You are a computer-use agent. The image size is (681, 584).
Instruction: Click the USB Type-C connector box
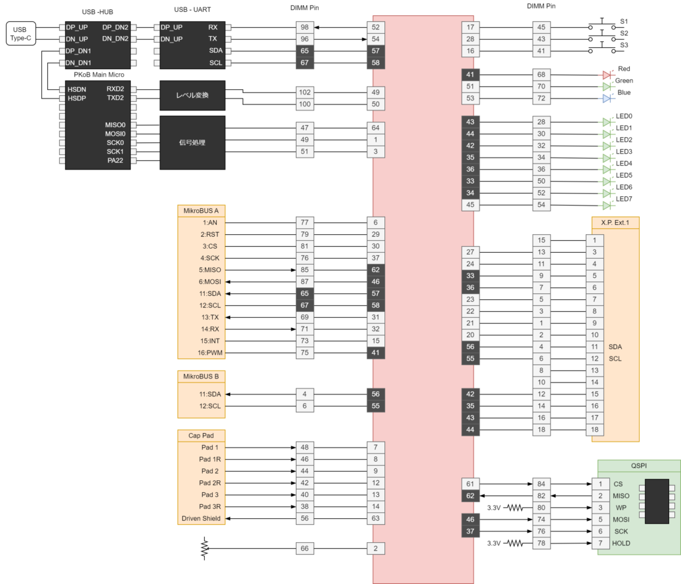(x=20, y=33)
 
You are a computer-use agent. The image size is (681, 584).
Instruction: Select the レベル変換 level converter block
(x=192, y=95)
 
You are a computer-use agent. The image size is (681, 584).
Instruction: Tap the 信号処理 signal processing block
(x=192, y=142)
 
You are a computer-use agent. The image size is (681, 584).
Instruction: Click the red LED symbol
(x=607, y=75)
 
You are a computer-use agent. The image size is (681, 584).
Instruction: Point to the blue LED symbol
(x=607, y=98)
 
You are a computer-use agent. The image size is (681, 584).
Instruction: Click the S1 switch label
(x=624, y=21)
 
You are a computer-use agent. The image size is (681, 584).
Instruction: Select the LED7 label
(x=624, y=199)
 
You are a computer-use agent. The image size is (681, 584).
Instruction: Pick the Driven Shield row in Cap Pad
(x=201, y=518)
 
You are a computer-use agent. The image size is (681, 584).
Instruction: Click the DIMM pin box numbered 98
(x=305, y=27)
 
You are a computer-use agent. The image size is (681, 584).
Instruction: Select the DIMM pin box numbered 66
(x=305, y=548)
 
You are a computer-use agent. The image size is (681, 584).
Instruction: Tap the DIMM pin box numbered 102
(x=305, y=92)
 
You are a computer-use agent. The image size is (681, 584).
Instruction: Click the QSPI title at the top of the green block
(x=638, y=466)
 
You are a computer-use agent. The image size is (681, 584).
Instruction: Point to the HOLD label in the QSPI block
(x=621, y=543)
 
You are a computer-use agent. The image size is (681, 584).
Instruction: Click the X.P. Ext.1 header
(x=615, y=222)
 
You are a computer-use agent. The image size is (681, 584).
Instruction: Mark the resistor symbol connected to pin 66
(x=204, y=548)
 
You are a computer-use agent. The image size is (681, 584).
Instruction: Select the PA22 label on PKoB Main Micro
(x=115, y=160)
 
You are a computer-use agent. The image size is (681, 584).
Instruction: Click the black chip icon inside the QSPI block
(x=656, y=502)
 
